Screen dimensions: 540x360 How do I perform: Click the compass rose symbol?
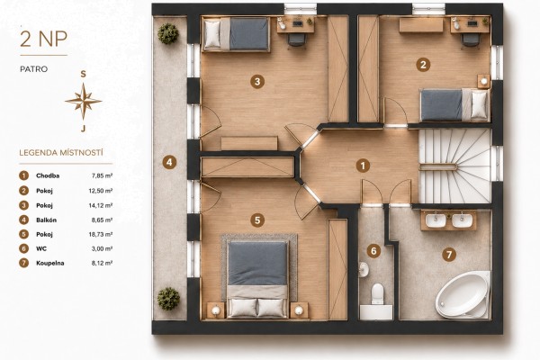(84, 102)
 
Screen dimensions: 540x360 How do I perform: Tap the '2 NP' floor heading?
(43, 39)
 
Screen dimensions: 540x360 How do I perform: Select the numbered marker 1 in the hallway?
(363, 166)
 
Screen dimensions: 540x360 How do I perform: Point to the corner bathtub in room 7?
(463, 295)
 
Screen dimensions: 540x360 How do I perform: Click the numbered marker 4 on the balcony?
(169, 162)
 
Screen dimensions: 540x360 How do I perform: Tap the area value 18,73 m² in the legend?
(101, 234)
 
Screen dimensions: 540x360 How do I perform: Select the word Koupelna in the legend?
(49, 263)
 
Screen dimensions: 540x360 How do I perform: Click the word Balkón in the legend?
(46, 220)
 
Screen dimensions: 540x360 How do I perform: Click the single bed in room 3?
(236, 34)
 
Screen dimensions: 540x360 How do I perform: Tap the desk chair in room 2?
(469, 40)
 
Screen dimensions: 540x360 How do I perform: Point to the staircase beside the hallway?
(454, 166)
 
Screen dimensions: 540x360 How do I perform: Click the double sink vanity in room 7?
(449, 220)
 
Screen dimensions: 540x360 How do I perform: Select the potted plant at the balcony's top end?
(168, 33)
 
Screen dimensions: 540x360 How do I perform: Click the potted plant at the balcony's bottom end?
(169, 298)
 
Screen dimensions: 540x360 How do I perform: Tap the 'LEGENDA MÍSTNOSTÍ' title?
(61, 153)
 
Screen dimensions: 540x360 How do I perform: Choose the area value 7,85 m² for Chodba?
(102, 175)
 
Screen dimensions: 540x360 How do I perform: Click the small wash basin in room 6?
(364, 270)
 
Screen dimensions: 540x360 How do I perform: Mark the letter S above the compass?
(83, 74)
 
